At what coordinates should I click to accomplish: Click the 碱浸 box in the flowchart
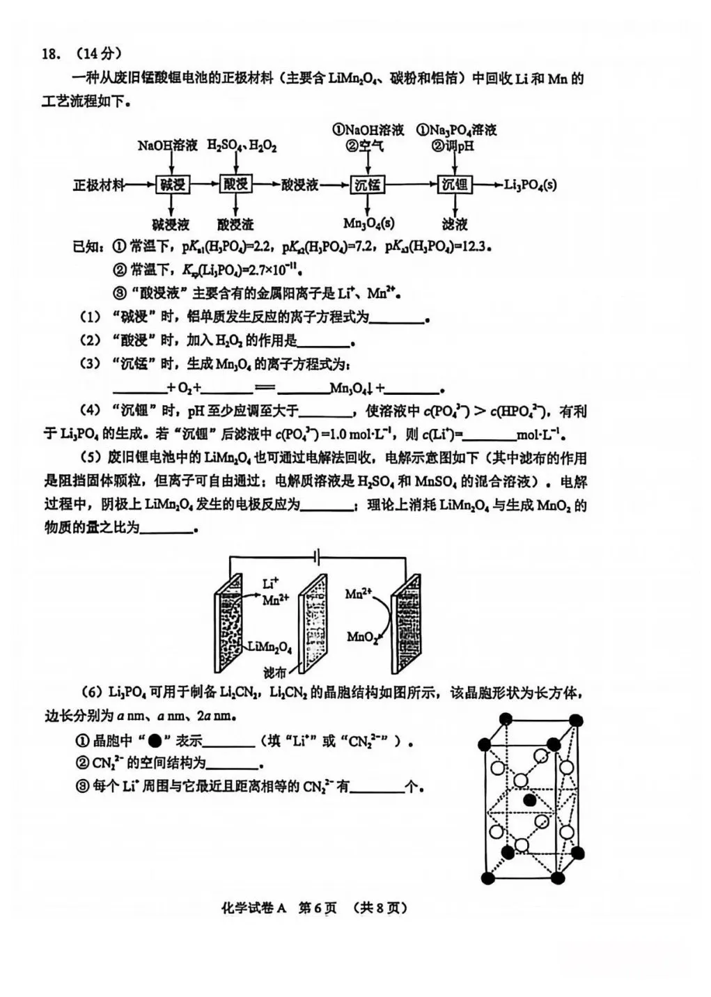pos(173,185)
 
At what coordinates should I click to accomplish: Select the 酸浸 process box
pos(235,185)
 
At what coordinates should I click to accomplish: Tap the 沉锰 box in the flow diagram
pos(368,185)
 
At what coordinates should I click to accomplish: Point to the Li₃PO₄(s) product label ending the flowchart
pos(530,185)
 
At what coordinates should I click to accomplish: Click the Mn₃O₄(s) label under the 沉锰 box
pos(368,223)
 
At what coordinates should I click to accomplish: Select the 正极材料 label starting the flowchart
pos(99,185)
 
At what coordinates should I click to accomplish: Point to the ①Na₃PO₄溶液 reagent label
pos(456,130)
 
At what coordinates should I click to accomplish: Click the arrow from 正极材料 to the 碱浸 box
pos(141,185)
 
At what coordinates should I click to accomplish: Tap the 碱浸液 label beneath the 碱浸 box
pos(171,224)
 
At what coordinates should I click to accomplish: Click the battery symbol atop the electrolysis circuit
pos(317,556)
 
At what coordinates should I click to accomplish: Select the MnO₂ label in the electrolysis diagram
pos(361,637)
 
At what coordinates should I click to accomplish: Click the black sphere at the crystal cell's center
pos(531,800)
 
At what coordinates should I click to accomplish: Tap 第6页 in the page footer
pos(317,908)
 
